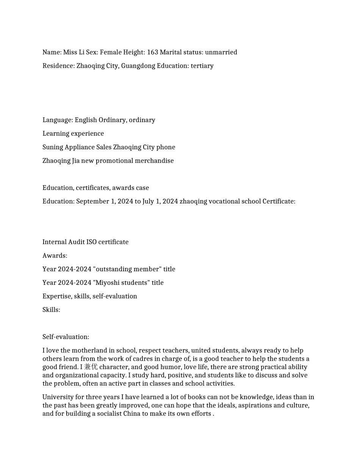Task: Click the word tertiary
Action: tap(202, 66)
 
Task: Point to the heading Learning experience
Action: tap(73, 133)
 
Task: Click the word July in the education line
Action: tap(148, 201)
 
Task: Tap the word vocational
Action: tap(224, 201)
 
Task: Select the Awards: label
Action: tap(55, 255)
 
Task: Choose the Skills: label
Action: tap(51, 310)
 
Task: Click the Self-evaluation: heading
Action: tap(66, 337)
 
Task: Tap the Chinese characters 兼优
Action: tap(91, 367)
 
